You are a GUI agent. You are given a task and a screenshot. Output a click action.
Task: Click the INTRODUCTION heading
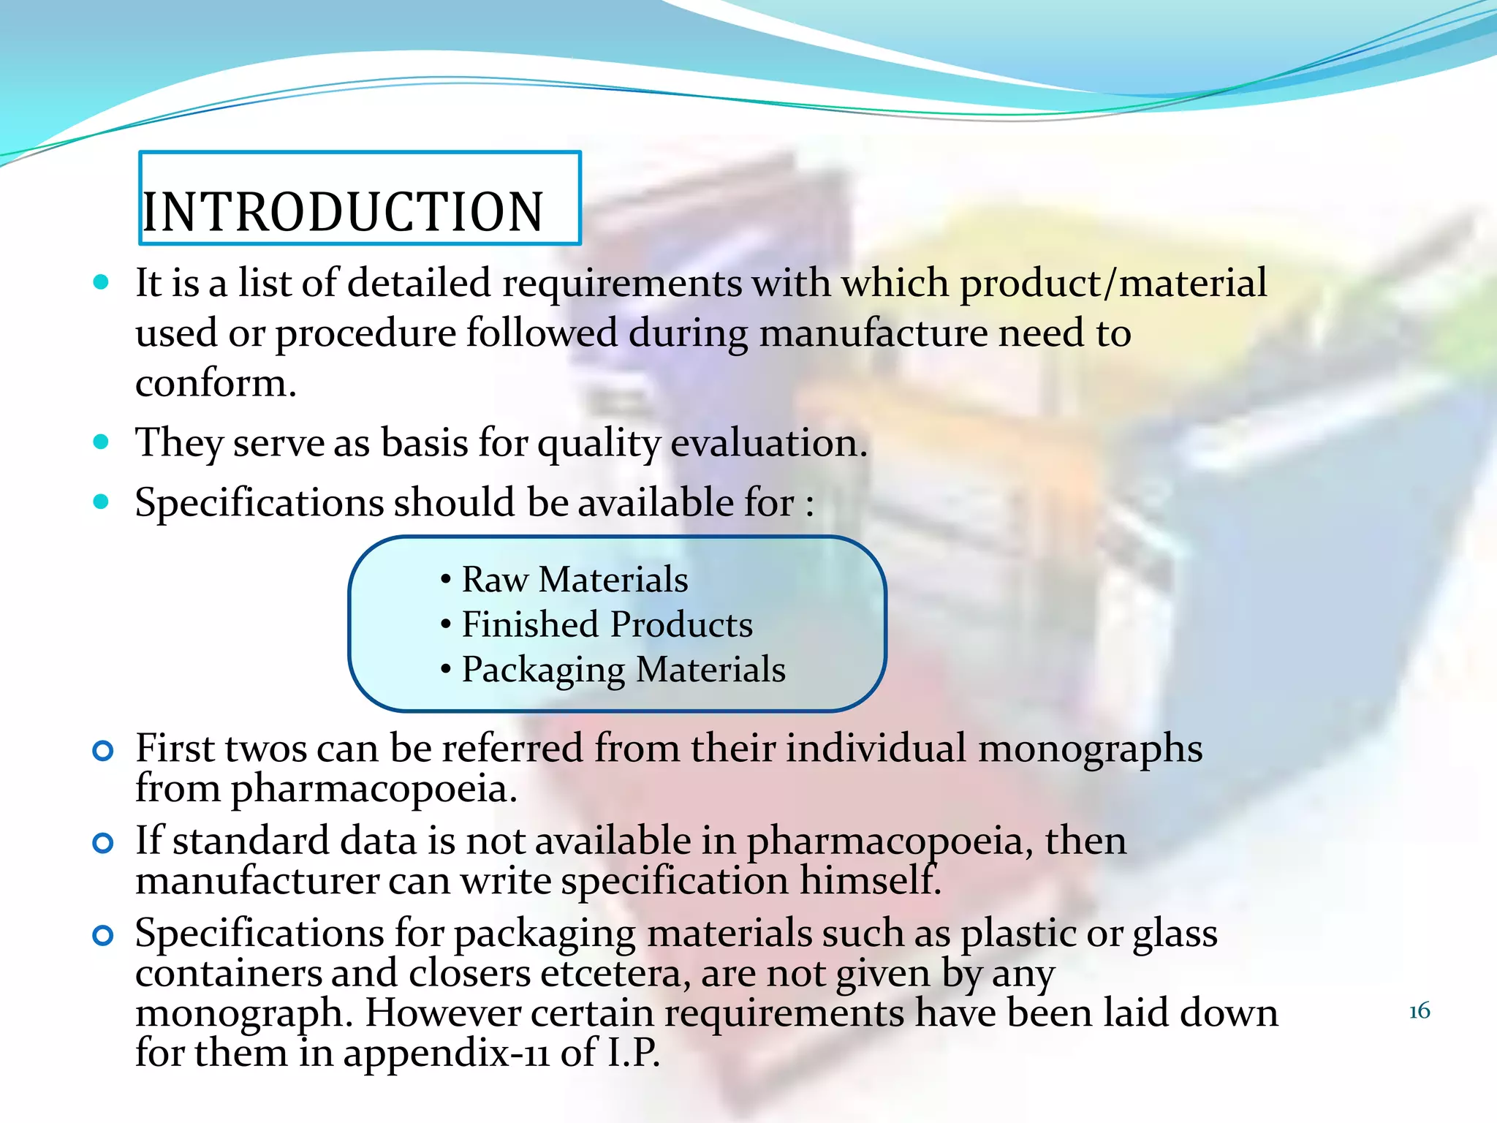(x=344, y=212)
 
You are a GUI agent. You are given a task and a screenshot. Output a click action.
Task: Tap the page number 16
(x=1419, y=1011)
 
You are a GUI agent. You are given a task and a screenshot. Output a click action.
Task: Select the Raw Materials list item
(x=575, y=580)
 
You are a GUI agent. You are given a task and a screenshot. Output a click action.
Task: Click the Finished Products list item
(x=607, y=625)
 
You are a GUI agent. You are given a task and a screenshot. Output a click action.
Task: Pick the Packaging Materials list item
(x=623, y=670)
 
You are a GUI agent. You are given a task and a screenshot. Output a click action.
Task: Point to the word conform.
(x=216, y=383)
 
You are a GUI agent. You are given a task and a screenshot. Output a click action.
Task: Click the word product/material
(x=1113, y=284)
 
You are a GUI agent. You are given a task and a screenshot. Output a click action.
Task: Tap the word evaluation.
(x=768, y=443)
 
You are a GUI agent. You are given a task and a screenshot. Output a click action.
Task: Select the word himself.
(x=870, y=880)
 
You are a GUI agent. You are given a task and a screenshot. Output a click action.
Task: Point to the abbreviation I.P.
(x=633, y=1053)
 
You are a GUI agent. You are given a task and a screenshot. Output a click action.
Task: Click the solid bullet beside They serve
(x=102, y=442)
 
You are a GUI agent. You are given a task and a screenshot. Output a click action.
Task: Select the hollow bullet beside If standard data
(x=103, y=843)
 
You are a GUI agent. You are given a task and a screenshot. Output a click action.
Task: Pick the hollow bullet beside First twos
(x=103, y=751)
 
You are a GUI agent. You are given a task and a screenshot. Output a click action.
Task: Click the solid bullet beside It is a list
(x=102, y=282)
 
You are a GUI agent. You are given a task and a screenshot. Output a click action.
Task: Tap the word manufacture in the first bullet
(x=873, y=333)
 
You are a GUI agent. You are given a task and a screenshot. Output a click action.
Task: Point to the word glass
(x=1175, y=934)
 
